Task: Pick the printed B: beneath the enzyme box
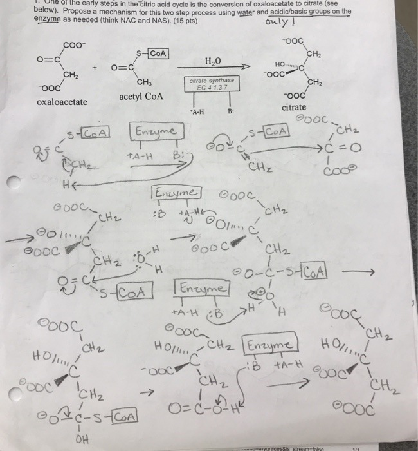(x=230, y=111)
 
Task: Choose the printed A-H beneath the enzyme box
(x=197, y=111)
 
